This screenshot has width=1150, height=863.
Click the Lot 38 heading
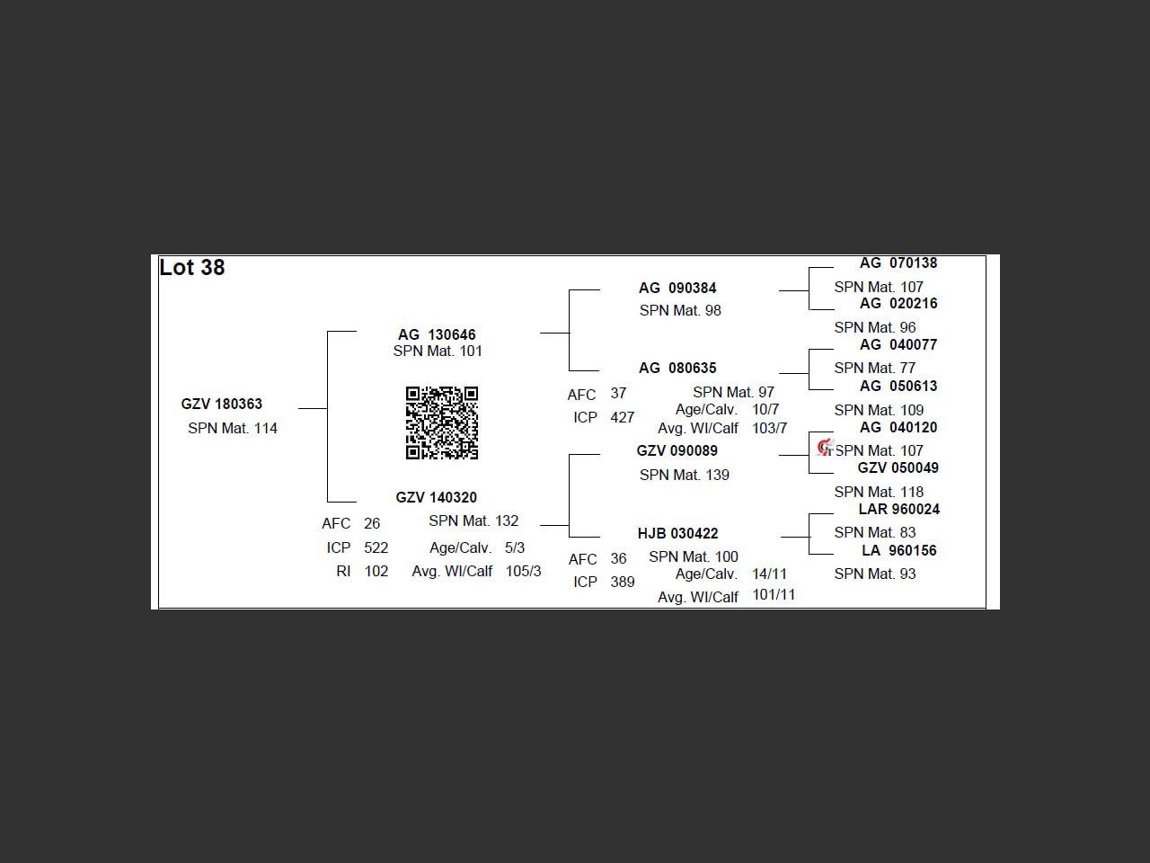pyautogui.click(x=191, y=268)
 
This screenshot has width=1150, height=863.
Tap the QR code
pyautogui.click(x=441, y=423)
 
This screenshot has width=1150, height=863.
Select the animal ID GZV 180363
pyautogui.click(x=221, y=405)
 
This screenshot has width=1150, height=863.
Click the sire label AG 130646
pyautogui.click(x=437, y=334)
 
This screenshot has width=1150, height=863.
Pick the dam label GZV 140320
pyautogui.click(x=437, y=497)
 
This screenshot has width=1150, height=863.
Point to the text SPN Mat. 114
pyautogui.click(x=233, y=429)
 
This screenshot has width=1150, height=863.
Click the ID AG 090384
pyautogui.click(x=677, y=289)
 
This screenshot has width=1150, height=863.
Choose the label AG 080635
pyautogui.click(x=677, y=369)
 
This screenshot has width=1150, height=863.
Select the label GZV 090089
pyautogui.click(x=677, y=451)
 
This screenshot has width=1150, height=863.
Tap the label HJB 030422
pyautogui.click(x=677, y=534)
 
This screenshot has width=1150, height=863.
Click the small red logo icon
pyautogui.click(x=825, y=447)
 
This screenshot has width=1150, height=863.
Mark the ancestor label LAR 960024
pyautogui.click(x=898, y=510)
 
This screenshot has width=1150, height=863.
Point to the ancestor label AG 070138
pyautogui.click(x=898, y=263)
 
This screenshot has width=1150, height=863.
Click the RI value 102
pyautogui.click(x=376, y=572)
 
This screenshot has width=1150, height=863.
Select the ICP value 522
pyautogui.click(x=376, y=548)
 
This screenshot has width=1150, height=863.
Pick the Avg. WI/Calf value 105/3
pyautogui.click(x=524, y=572)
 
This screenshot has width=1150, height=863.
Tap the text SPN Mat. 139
pyautogui.click(x=685, y=476)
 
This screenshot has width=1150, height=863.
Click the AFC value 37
pyautogui.click(x=618, y=394)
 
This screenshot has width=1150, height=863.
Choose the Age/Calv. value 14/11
pyautogui.click(x=769, y=574)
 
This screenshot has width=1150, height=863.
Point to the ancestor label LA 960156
pyautogui.click(x=898, y=551)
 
